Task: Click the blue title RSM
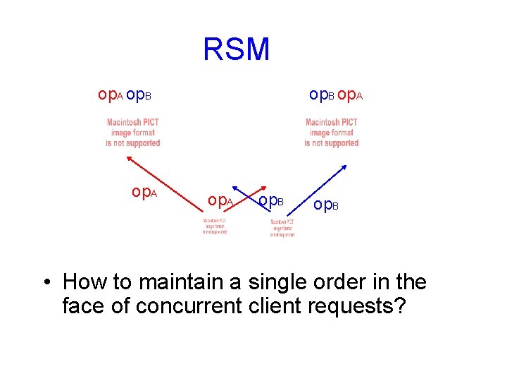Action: (x=236, y=49)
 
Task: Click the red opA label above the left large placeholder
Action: (x=111, y=95)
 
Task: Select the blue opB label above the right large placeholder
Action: (x=322, y=95)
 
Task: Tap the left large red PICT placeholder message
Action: (x=133, y=133)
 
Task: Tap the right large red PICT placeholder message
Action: (x=332, y=133)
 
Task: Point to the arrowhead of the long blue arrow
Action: (x=344, y=167)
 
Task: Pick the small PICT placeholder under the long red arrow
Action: (x=215, y=225)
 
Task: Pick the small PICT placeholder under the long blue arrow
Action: (x=282, y=227)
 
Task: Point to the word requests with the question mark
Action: (x=361, y=307)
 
